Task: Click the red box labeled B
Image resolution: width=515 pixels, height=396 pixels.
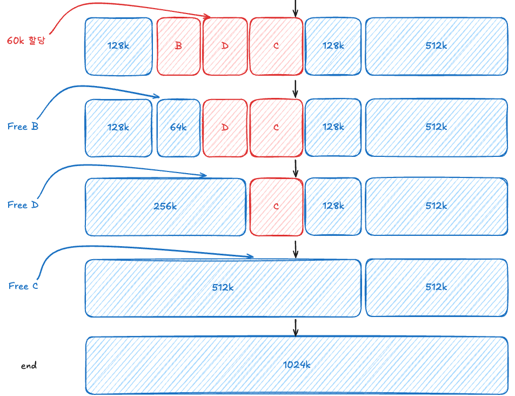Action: coord(178,46)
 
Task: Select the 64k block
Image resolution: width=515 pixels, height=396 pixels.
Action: coord(178,128)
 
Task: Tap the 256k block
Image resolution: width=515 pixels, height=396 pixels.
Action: coord(165,207)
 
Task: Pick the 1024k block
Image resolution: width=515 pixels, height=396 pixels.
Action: coord(297,365)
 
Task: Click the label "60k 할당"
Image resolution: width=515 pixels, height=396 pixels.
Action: coord(25,40)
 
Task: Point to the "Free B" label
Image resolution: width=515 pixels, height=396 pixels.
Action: coord(23,127)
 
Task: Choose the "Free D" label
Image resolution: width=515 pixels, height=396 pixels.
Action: coord(23,205)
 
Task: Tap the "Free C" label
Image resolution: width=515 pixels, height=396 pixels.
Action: coord(23,286)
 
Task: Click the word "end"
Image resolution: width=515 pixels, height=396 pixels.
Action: coord(29,366)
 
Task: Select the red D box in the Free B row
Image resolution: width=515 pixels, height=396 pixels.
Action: coord(225,128)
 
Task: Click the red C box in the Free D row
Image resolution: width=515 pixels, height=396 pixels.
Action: coord(276,207)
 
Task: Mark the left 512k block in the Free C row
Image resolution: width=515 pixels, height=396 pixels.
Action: coord(223,287)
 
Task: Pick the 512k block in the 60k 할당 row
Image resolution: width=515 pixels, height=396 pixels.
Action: coord(436,46)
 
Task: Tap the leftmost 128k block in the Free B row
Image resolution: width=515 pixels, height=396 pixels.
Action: coord(118,128)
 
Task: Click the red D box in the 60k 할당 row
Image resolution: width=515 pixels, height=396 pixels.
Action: coord(225,46)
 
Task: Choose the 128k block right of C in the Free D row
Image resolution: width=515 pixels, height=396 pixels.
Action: coord(333,207)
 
